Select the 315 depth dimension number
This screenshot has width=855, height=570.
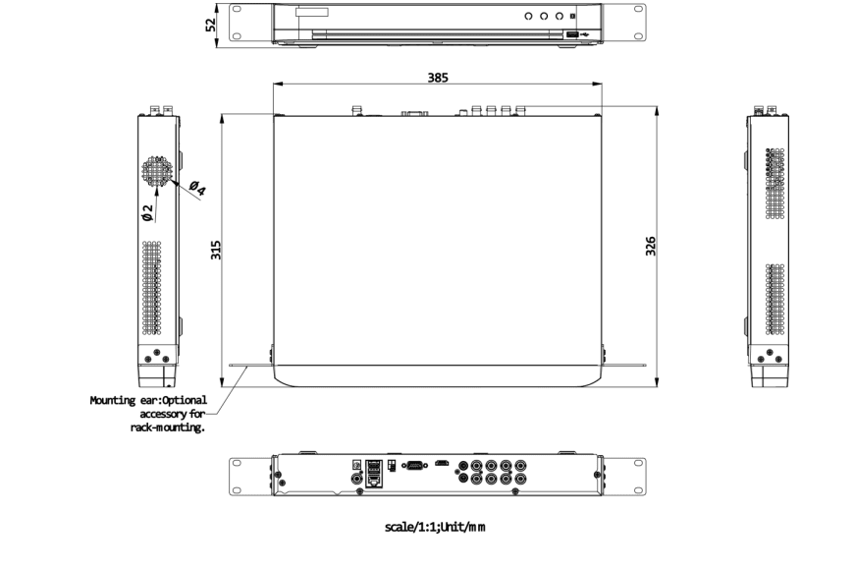[x=216, y=250]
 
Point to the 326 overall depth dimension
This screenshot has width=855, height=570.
[x=650, y=246]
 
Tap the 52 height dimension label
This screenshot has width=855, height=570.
[x=211, y=24]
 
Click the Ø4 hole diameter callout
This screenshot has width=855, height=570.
[x=196, y=188]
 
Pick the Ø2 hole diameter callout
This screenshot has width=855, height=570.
[x=147, y=212]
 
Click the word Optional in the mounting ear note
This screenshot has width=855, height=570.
[x=184, y=400]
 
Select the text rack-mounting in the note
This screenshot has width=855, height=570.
[x=168, y=427]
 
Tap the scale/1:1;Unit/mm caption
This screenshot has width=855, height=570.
[x=435, y=527]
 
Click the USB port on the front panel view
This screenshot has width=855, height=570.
[x=572, y=35]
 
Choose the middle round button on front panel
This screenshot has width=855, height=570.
[x=544, y=17]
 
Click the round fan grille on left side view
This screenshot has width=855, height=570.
[x=156, y=170]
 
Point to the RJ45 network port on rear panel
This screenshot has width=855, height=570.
[x=374, y=479]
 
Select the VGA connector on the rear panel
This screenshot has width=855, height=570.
[x=415, y=467]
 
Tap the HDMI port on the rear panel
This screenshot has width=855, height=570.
[x=443, y=462]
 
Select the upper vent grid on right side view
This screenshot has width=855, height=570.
[x=776, y=182]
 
